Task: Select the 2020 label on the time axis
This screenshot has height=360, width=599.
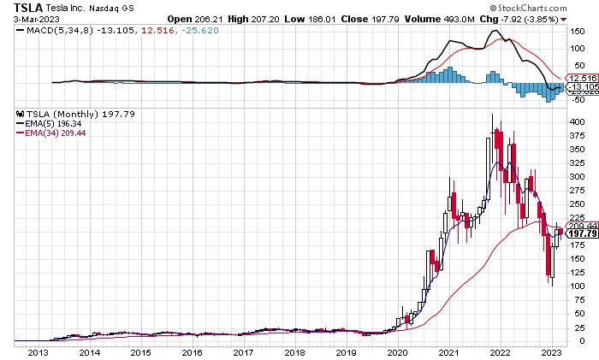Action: (x=398, y=351)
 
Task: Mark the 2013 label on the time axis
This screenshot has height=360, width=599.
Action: (x=38, y=351)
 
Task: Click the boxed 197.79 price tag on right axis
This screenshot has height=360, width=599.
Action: (x=580, y=233)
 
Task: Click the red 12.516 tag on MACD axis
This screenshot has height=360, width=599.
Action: (x=581, y=78)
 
